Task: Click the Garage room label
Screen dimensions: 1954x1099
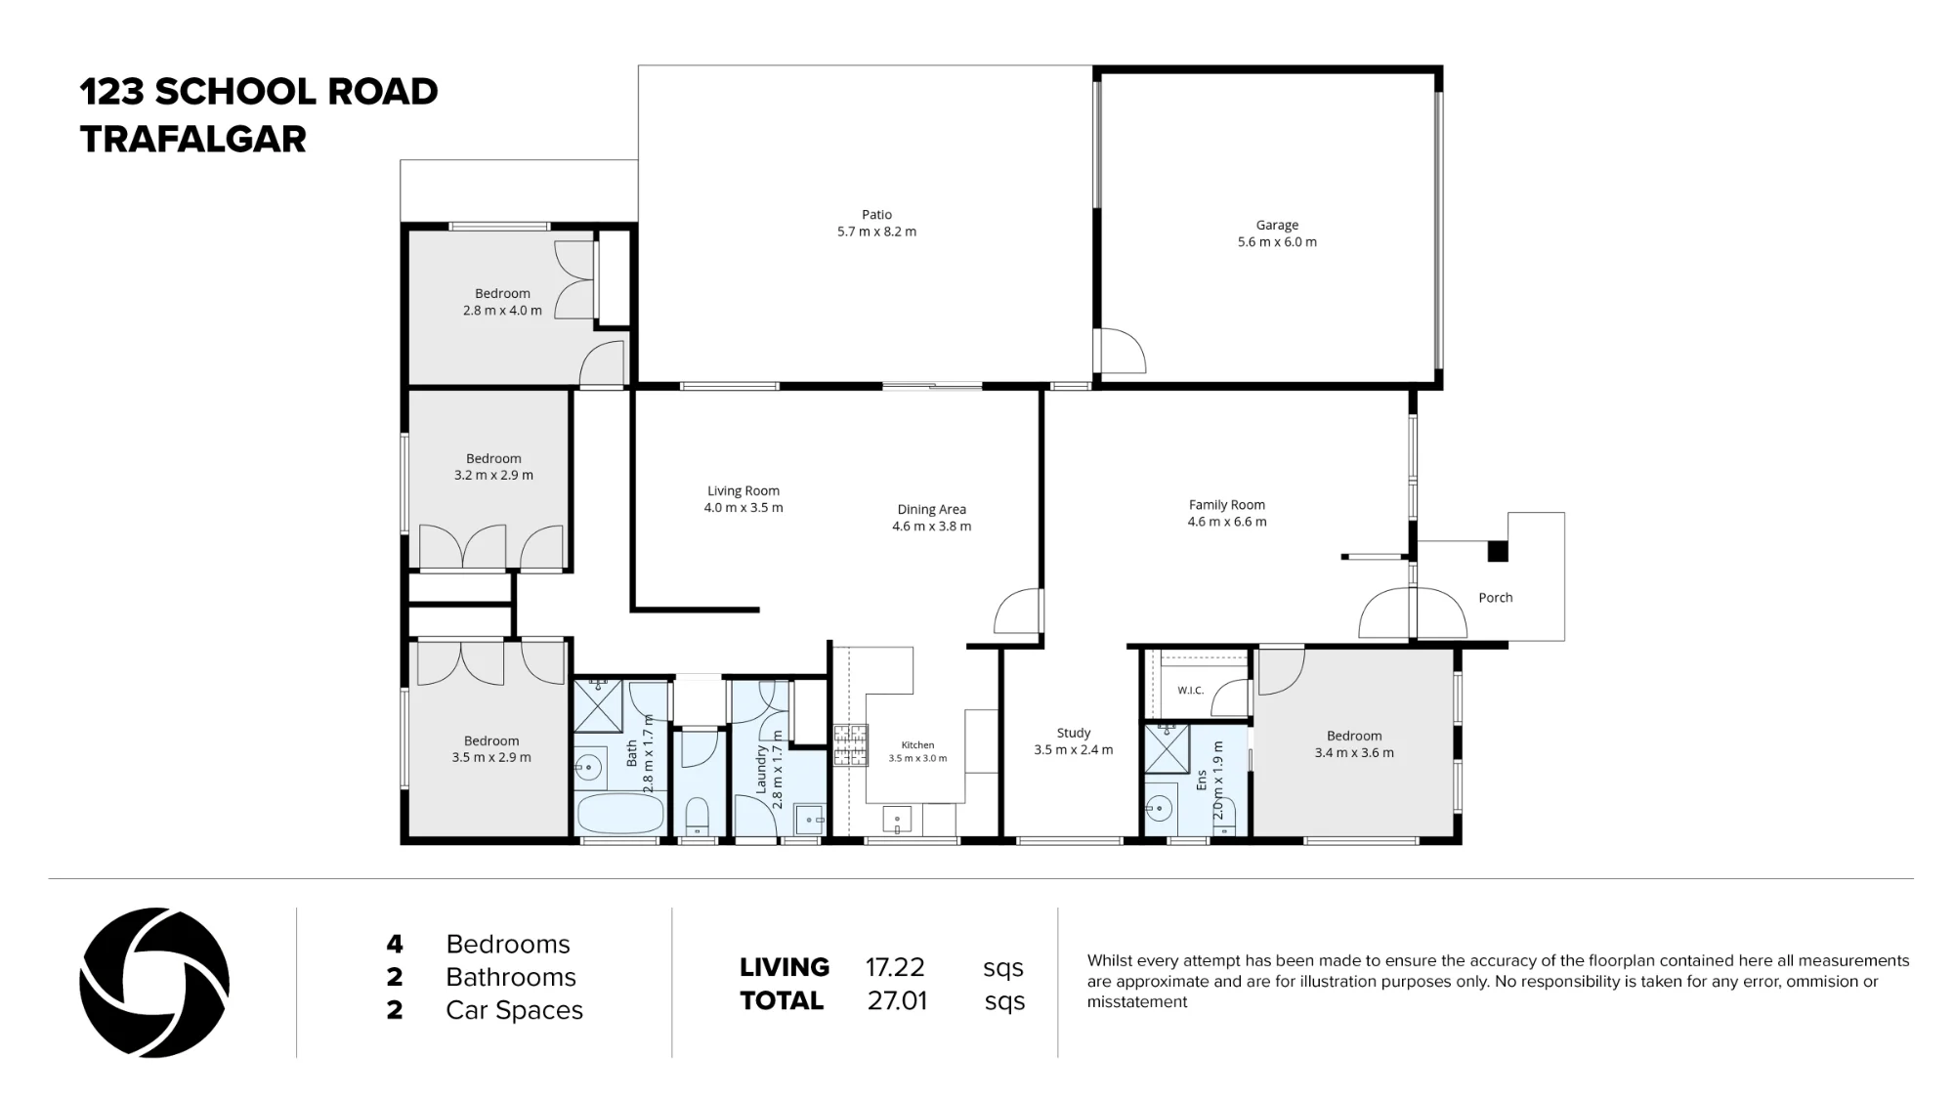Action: point(1277,225)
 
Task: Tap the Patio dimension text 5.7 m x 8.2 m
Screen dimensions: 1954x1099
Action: point(876,232)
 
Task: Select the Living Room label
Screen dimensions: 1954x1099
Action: point(743,491)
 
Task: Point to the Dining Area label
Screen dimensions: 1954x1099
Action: point(931,509)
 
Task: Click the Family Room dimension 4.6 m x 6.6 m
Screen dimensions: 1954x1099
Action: point(1227,522)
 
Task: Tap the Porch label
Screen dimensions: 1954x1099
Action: point(1495,598)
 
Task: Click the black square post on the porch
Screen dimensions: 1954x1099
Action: point(1498,551)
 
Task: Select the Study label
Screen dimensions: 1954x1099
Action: point(1074,733)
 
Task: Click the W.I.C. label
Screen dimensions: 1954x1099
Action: point(1190,691)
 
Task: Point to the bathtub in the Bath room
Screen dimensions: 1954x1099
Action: point(621,813)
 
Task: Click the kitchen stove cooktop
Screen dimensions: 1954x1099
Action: point(850,745)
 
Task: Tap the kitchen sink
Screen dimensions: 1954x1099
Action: point(897,819)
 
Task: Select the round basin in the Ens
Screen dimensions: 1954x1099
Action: point(1159,808)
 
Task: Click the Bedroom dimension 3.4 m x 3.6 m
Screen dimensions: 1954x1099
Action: point(1354,753)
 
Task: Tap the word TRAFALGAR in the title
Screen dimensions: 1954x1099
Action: point(193,140)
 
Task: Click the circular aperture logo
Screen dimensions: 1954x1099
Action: point(154,983)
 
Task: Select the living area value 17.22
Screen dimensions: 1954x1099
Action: point(895,967)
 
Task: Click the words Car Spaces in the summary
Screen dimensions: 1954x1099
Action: point(514,1010)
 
